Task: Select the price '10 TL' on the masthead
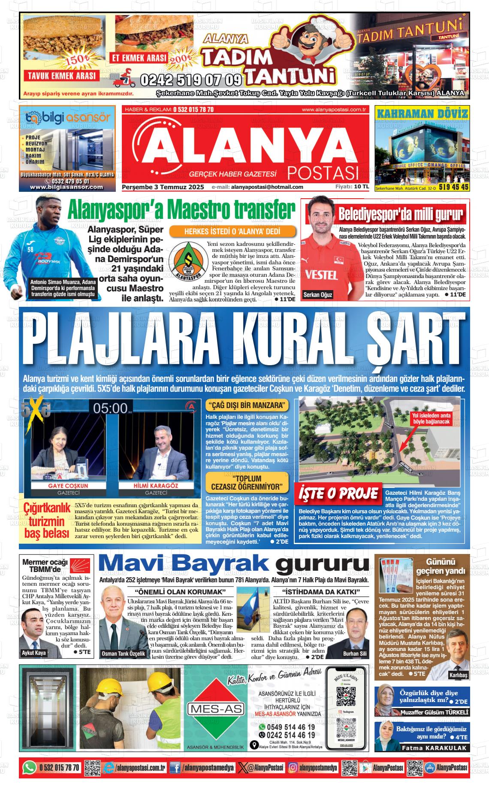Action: pyautogui.click(x=361, y=187)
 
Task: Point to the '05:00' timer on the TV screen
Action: pyautogui.click(x=111, y=408)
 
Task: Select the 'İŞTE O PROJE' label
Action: pyautogui.click(x=338, y=493)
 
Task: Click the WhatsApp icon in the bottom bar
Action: pyautogui.click(x=29, y=768)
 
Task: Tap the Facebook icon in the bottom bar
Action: pyautogui.click(x=175, y=768)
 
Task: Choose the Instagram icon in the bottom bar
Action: pyautogui.click(x=293, y=768)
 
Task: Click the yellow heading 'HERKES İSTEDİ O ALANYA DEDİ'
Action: pyautogui.click(x=233, y=232)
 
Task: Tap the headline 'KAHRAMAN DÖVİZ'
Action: pyautogui.click(x=421, y=113)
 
